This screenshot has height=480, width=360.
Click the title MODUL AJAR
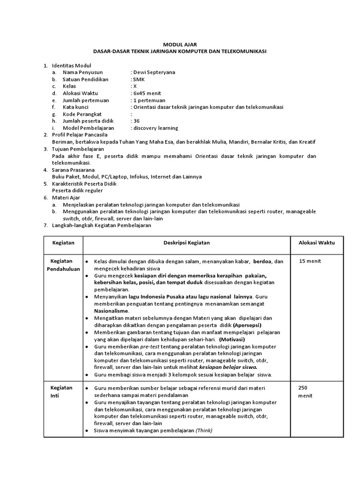[180, 44]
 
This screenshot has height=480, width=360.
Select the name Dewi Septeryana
[154, 73]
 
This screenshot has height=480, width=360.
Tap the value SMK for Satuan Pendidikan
[139, 80]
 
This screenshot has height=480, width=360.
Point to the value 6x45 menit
[147, 93]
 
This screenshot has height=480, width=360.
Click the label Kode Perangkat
[82, 114]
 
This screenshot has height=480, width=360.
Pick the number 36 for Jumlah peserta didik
[136, 121]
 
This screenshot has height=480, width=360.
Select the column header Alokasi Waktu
[317, 243]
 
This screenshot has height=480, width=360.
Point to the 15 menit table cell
[310, 261]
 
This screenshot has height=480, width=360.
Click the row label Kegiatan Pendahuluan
[63, 265]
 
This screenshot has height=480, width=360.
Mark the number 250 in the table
[303, 388]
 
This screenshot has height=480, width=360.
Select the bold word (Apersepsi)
[247, 325]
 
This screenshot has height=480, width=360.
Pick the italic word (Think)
[204, 430]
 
